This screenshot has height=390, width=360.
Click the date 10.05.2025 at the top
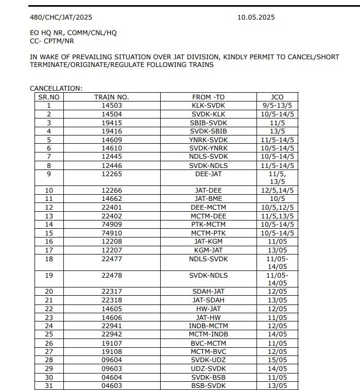click(256, 17)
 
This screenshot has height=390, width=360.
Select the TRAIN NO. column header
click(111, 97)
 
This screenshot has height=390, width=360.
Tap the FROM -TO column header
click(209, 97)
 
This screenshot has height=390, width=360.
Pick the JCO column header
click(277, 97)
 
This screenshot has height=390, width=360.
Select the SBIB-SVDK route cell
click(209, 123)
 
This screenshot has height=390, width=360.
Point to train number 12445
click(111, 156)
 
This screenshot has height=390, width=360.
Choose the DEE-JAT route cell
click(209, 174)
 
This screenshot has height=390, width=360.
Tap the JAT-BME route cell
click(209, 198)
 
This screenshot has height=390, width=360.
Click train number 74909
click(111, 224)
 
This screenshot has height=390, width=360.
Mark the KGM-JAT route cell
click(209, 249)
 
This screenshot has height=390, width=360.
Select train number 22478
click(111, 276)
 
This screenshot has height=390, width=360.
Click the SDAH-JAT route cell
click(209, 292)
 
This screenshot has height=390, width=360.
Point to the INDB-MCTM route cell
click(209, 326)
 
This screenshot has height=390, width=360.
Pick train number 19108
click(111, 351)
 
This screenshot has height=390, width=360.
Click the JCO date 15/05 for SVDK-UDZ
click(277, 360)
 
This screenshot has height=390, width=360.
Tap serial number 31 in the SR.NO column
click(48, 385)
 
